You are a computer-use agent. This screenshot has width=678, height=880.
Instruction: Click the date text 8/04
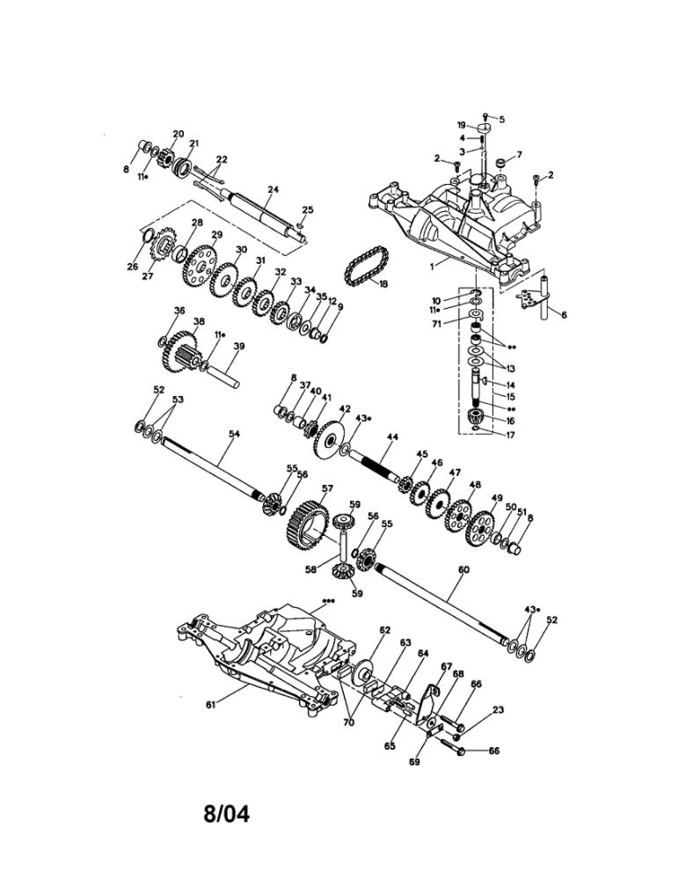pyautogui.click(x=226, y=813)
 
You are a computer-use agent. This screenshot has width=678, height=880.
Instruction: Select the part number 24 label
pyautogui.click(x=273, y=190)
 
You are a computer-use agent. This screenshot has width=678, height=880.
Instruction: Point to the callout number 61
pyautogui.click(x=210, y=705)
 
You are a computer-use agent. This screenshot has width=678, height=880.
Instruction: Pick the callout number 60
pyautogui.click(x=463, y=569)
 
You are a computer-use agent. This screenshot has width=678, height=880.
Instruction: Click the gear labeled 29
pyautogui.click(x=199, y=266)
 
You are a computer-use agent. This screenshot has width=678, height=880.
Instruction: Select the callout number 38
pyautogui.click(x=199, y=321)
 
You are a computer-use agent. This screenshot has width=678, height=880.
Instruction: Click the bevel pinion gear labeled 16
pyautogui.click(x=476, y=417)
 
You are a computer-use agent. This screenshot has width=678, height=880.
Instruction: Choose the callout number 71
pyautogui.click(x=437, y=324)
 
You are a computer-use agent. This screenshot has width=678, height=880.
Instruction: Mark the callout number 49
pyautogui.click(x=496, y=498)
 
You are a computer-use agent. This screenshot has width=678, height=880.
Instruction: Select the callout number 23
pyautogui.click(x=498, y=709)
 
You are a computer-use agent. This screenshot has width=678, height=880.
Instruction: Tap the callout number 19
pyautogui.click(x=461, y=125)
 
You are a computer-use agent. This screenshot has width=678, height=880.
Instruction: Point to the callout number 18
pyautogui.click(x=383, y=284)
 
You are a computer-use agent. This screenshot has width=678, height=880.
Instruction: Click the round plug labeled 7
pyautogui.click(x=499, y=164)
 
